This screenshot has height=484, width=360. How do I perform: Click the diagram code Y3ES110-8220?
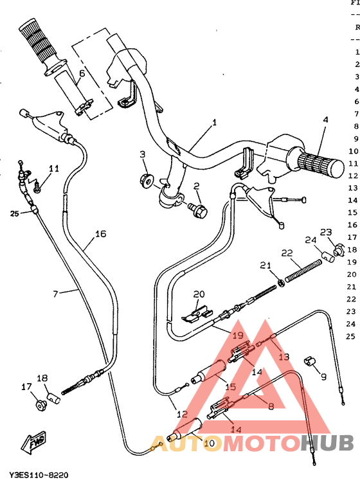click(x=39, y=475)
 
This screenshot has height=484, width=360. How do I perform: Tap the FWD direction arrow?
click(x=32, y=442)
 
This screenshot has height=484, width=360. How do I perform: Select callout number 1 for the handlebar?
click(x=214, y=122)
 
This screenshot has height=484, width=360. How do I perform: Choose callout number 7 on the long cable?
click(x=55, y=294)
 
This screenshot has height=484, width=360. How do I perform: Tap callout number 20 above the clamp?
click(x=199, y=294)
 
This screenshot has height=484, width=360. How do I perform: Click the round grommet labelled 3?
click(x=145, y=179)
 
